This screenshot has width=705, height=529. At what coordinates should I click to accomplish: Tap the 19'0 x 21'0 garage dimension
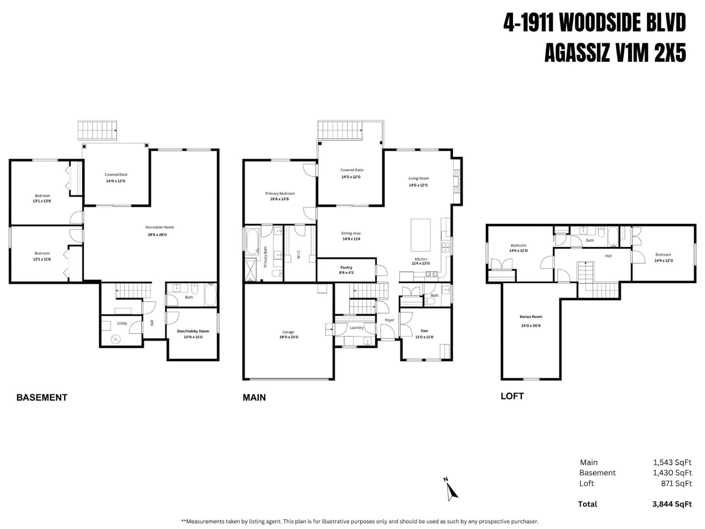click(x=288, y=337)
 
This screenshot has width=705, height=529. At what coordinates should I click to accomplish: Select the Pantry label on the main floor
click(x=346, y=267)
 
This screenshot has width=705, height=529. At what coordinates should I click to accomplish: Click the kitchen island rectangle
click(x=420, y=235)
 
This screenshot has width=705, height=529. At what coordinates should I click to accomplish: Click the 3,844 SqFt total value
click(x=672, y=504)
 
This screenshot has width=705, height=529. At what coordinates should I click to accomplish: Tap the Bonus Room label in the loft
click(x=531, y=317)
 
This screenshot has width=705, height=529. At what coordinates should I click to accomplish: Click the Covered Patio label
click(x=352, y=170)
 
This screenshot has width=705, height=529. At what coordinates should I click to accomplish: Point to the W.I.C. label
click(x=299, y=254)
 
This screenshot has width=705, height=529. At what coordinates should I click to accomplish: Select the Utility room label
click(x=122, y=323)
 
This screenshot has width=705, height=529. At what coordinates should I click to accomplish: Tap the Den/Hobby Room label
click(x=193, y=331)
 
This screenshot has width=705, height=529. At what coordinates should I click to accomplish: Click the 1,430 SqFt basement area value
click(x=672, y=473)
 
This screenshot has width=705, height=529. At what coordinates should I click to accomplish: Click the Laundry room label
click(x=356, y=328)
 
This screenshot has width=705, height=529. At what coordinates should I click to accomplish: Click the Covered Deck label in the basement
click(x=116, y=175)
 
